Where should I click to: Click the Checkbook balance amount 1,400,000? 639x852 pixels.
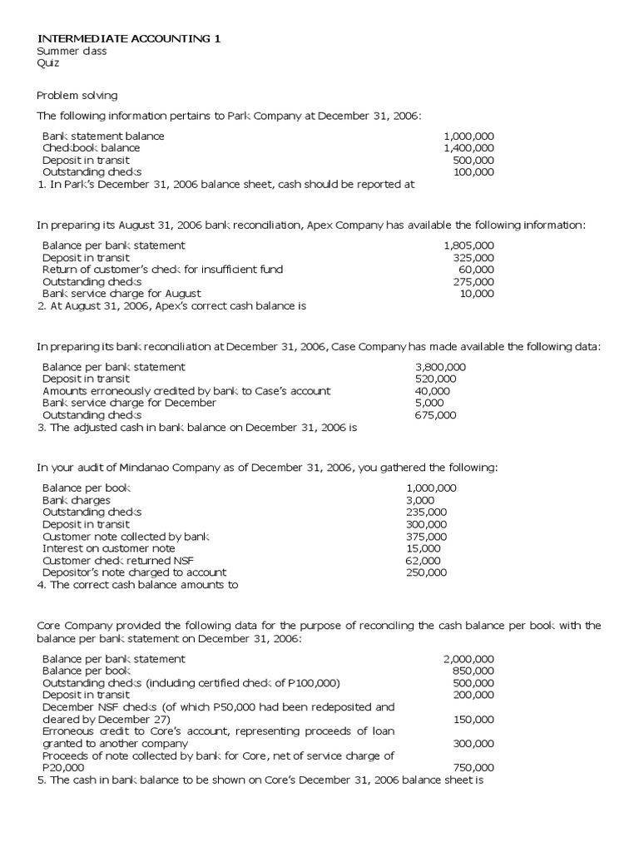(x=468, y=148)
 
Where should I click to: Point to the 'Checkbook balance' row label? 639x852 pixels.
(x=92, y=148)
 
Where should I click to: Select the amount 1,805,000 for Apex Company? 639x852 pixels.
(x=468, y=245)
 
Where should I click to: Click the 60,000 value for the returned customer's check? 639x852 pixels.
(x=476, y=270)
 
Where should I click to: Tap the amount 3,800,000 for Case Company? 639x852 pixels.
(x=440, y=367)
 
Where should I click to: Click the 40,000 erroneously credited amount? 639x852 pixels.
(x=432, y=391)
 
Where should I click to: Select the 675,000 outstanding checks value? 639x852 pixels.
(x=435, y=415)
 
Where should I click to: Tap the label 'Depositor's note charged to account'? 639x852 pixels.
(x=134, y=572)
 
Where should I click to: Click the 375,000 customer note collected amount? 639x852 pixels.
(x=426, y=537)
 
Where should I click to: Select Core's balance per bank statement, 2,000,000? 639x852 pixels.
(x=468, y=659)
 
